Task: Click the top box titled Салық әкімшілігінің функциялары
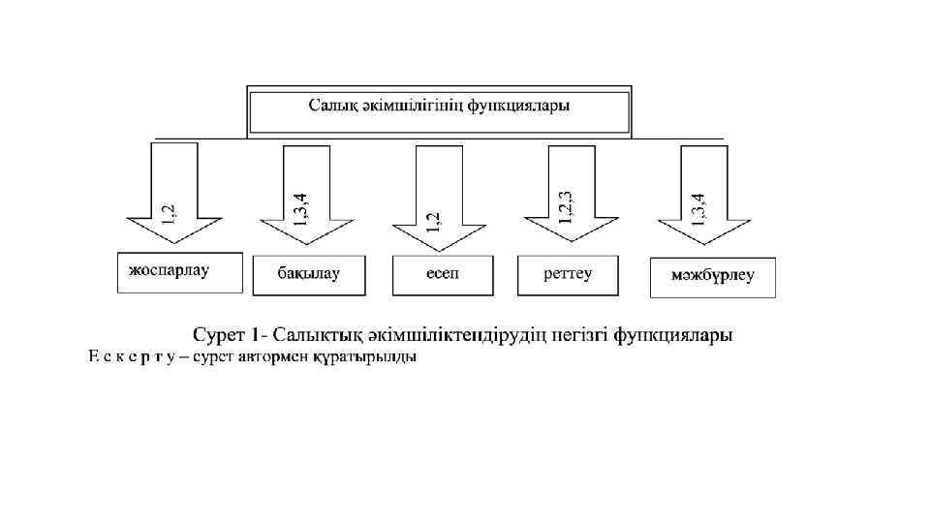point(440,110)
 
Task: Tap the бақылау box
point(309,275)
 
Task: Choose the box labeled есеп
point(443,275)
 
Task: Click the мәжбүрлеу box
point(712,277)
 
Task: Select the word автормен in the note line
point(275,357)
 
